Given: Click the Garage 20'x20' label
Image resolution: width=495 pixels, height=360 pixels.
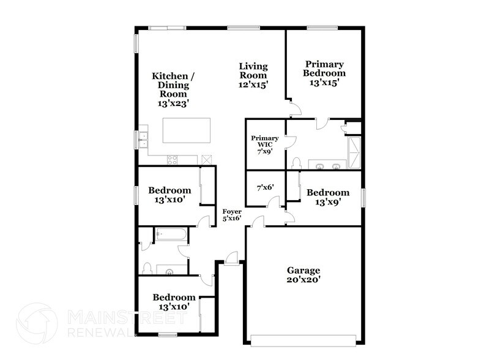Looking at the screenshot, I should tap(304, 275).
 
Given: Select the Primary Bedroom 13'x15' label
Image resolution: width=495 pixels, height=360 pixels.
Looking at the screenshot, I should tap(324, 73).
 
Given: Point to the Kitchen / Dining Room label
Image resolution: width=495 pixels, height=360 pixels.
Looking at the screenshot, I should tap(174, 90).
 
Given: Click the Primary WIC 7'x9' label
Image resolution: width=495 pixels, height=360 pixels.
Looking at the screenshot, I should tap(265, 144).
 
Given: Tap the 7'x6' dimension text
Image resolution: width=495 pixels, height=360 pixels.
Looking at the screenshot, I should tap(264, 188).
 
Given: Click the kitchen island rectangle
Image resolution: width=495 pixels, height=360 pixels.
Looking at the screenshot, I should tap(186, 130).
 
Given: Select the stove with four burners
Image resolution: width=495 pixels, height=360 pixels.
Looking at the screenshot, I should tap(173, 160).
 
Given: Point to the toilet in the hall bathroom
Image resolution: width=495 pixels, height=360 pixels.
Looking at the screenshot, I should tap(147, 268).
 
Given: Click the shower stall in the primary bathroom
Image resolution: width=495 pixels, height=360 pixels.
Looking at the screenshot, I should tap(354, 152).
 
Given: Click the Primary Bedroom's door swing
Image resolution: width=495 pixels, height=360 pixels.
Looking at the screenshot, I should tap(294, 108).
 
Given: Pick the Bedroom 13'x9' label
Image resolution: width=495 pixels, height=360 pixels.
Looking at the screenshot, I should tap(332, 197).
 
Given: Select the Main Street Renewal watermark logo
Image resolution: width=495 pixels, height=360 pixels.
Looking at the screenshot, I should tap(37, 323).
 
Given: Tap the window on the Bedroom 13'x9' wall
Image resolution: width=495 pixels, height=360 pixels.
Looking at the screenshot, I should tap(363, 197).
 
